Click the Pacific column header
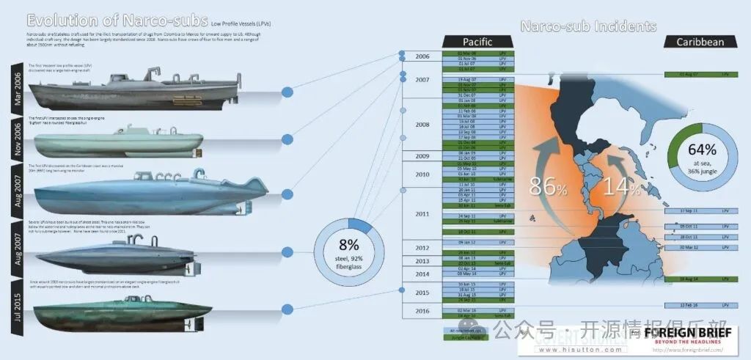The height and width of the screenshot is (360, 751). coord(477,42)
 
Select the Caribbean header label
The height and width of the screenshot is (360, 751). coord(700,42)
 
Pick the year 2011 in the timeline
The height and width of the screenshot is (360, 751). coord(422,213)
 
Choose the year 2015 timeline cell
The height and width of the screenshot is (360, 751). coord(422,293)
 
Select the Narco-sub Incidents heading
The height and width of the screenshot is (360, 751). coord(587,27)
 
